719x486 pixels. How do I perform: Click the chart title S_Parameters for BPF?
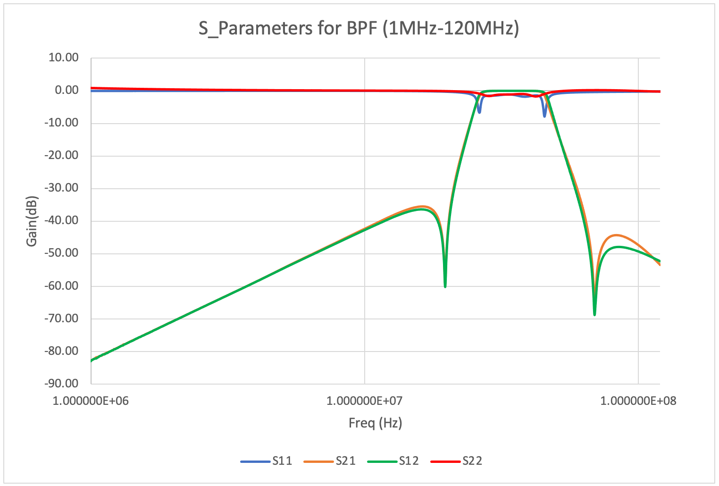pyautogui.click(x=359, y=28)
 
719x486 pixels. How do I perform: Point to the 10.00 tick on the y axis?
pyautogui.click(x=63, y=58)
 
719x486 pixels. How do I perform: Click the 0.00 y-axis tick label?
pyautogui.click(x=66, y=90)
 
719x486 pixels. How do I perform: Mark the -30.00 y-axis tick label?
pyautogui.click(x=61, y=188)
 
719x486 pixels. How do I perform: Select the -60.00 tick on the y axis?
pyautogui.click(x=61, y=285)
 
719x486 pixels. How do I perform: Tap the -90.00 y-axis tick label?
pyautogui.click(x=61, y=383)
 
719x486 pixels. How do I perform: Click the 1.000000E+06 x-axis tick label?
pyautogui.click(x=91, y=401)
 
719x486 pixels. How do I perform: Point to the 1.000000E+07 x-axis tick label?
pyautogui.click(x=365, y=401)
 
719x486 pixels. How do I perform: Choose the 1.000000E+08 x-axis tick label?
pyautogui.click(x=638, y=401)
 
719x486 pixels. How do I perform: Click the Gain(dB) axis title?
pyautogui.click(x=32, y=221)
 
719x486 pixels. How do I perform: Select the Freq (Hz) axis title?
pyautogui.click(x=375, y=423)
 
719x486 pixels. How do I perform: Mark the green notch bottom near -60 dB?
pyautogui.click(x=445, y=286)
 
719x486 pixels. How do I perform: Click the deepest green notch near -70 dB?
pyautogui.click(x=594, y=314)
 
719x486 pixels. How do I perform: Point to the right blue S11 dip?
pyautogui.click(x=544, y=116)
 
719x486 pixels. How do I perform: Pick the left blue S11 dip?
pyautogui.click(x=479, y=112)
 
